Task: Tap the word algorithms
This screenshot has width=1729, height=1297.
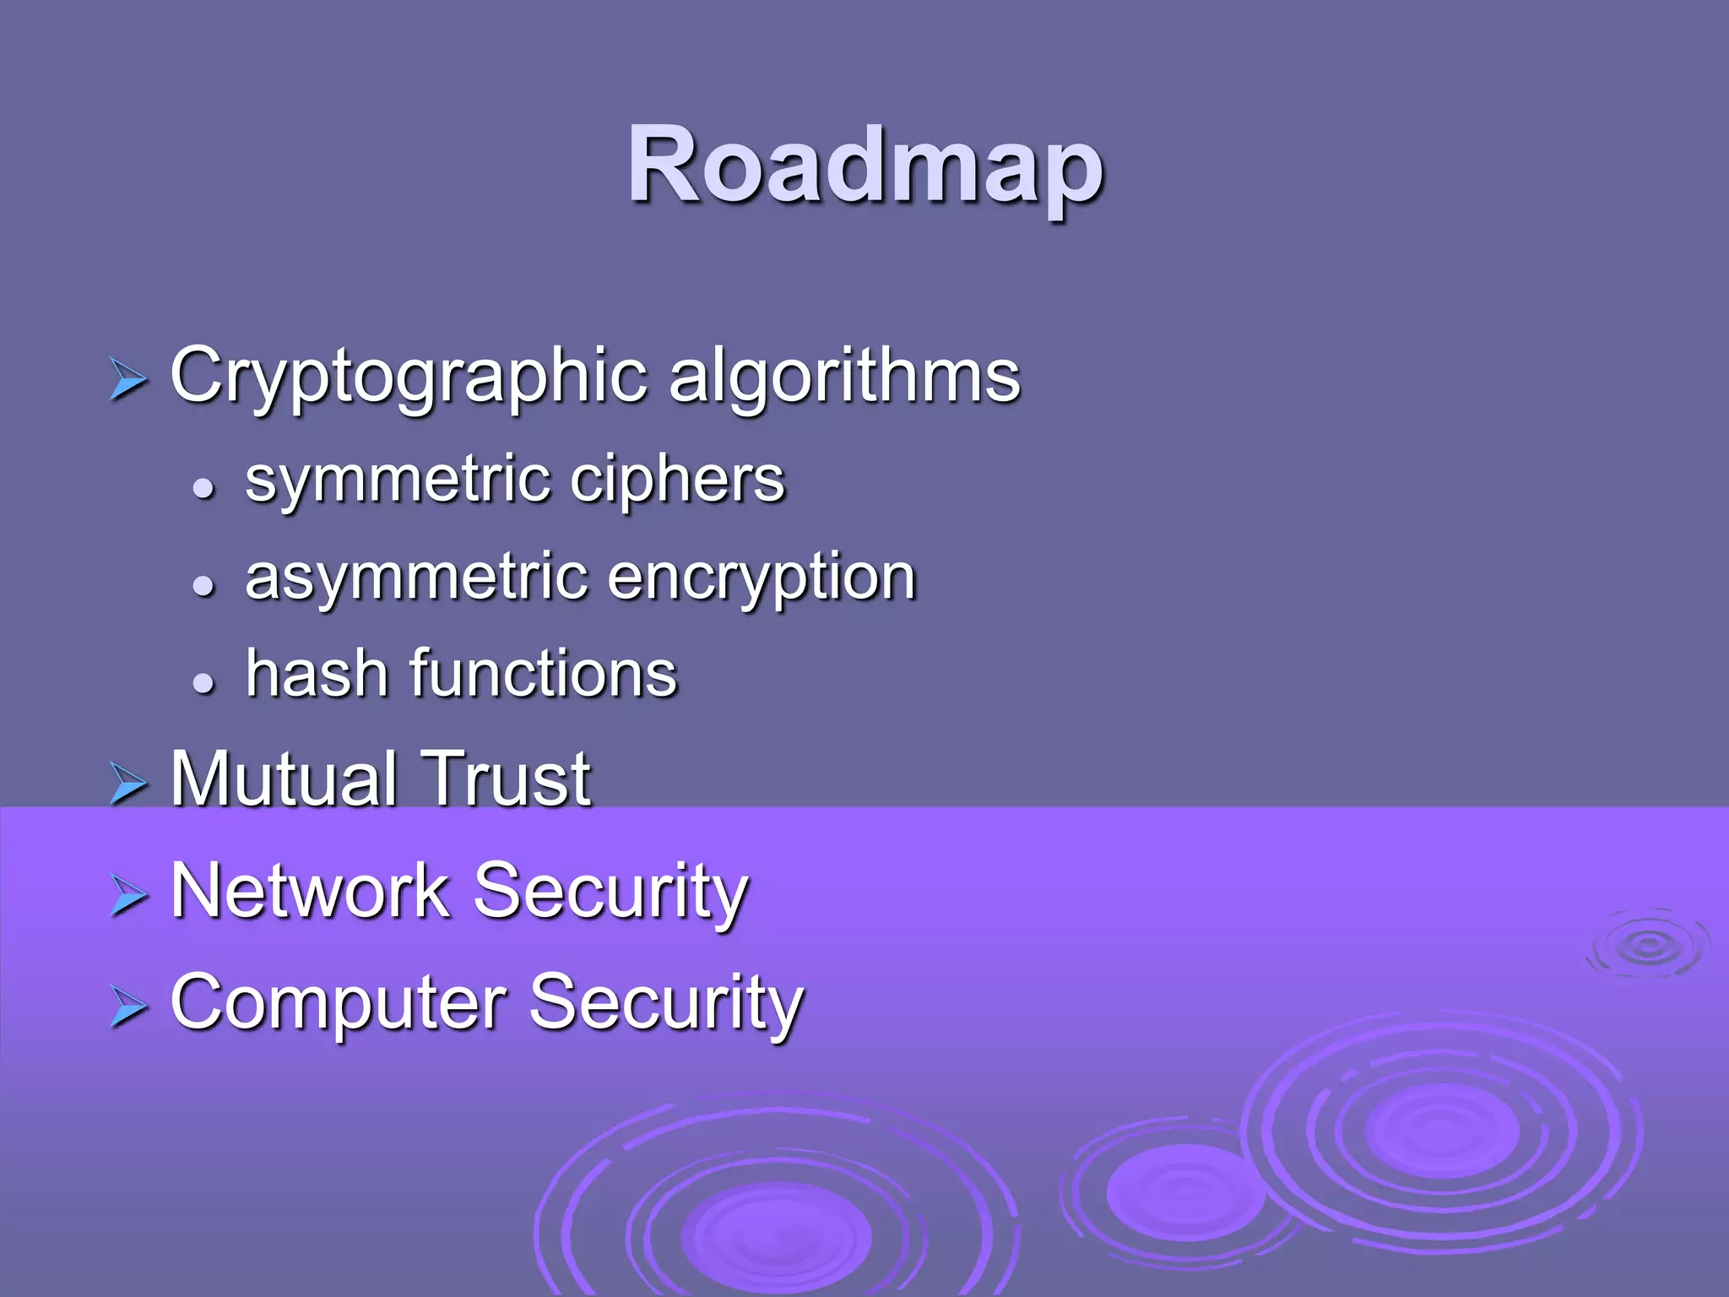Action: [x=844, y=376]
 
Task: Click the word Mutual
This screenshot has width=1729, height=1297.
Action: [x=284, y=779]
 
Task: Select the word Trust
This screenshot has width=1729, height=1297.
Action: [x=507, y=779]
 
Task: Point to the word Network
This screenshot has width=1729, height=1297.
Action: [x=310, y=891]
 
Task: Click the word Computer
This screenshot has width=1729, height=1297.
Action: [x=338, y=1003]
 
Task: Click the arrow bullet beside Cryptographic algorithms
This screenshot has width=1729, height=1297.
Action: [x=128, y=379]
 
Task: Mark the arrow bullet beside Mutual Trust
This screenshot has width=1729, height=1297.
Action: [x=128, y=784]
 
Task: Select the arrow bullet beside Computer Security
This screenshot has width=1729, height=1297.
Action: [x=128, y=1007]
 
